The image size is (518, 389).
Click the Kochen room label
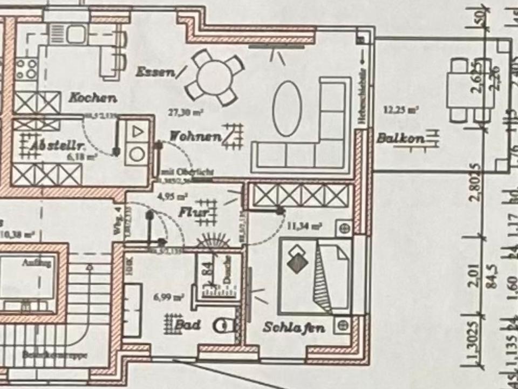(92, 98)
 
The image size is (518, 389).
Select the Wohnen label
(195, 136)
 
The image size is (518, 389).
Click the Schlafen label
(294, 327)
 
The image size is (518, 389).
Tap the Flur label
(193, 212)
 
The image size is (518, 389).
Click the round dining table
(214, 77)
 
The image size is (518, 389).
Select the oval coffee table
(286, 108)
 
